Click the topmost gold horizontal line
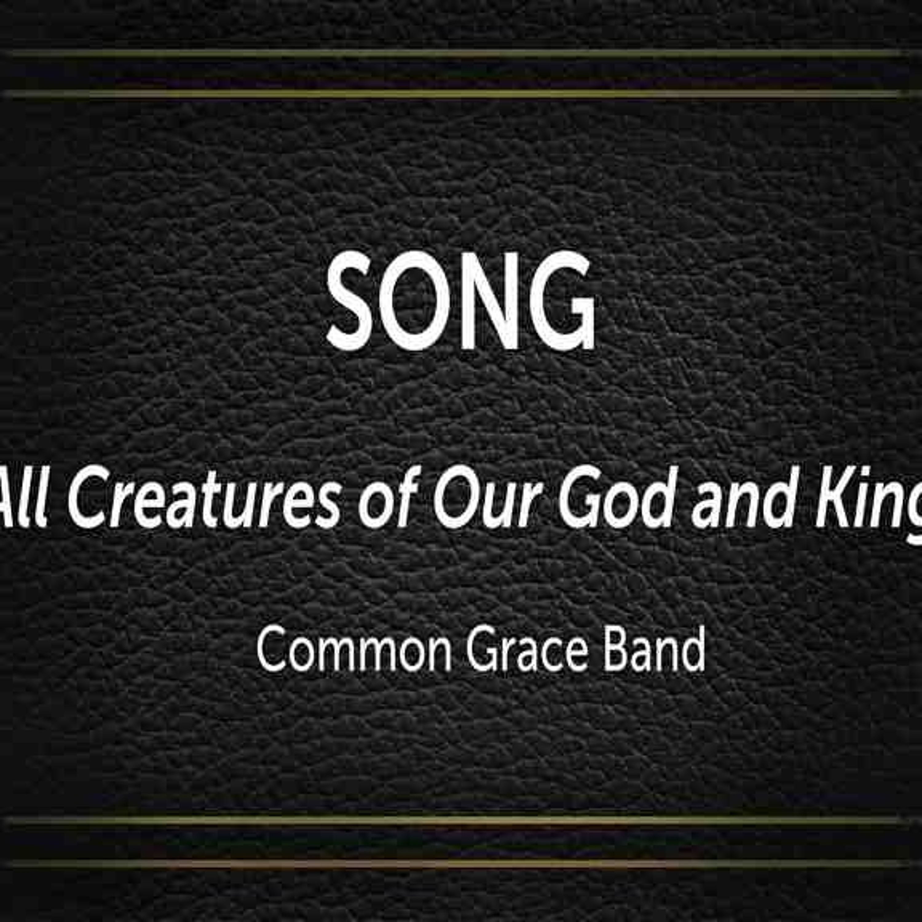(x=461, y=54)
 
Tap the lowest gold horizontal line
(x=461, y=864)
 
